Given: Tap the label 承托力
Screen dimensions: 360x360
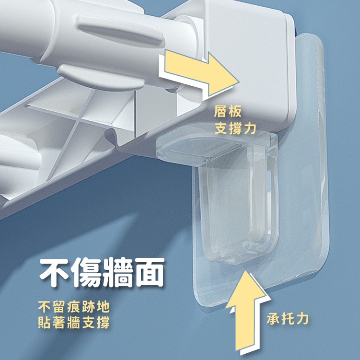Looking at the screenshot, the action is [x=288, y=319].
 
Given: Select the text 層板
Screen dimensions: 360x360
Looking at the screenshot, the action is [x=228, y=111].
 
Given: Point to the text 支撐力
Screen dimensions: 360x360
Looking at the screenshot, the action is [x=235, y=128].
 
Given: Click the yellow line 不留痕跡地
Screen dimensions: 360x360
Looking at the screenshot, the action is [x=74, y=307].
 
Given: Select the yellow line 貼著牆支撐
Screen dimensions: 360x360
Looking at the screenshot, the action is [x=74, y=322].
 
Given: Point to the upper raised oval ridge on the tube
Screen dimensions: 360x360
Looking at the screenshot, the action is [x=120, y=31].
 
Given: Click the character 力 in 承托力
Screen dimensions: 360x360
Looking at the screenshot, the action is [x=302, y=319].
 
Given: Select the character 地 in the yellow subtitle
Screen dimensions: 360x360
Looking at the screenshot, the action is [x=103, y=307].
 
